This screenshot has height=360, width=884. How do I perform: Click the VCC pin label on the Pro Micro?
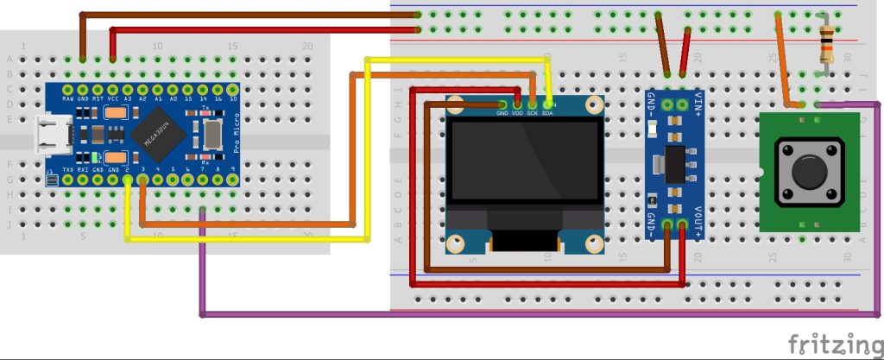113,98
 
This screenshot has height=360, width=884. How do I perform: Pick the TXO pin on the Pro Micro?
67,169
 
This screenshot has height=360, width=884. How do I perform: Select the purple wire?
535,313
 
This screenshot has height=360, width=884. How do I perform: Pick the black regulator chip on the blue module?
675,162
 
